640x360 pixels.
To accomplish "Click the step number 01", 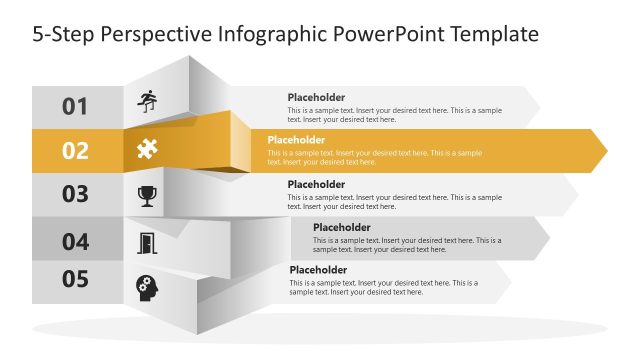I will point(76,106).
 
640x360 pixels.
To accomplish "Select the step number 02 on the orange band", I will point(76,151).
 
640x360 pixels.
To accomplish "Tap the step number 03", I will point(76,195).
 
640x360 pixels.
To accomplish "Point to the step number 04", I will point(76,241).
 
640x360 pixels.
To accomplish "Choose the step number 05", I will point(76,279).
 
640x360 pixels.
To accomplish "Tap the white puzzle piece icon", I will point(147,150).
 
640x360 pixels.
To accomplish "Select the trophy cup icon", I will point(147,195).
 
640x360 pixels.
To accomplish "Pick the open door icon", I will point(147,241).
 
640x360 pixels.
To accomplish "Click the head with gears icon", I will point(147,287).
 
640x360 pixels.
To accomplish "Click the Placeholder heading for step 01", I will point(316,98).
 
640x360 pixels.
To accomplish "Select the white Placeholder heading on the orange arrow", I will point(296,140).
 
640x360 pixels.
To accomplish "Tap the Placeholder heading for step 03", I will point(316,184).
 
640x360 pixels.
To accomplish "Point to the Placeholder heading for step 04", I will point(341,227).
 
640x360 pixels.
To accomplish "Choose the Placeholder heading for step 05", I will point(318,270).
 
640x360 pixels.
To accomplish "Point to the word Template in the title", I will point(491,35).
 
